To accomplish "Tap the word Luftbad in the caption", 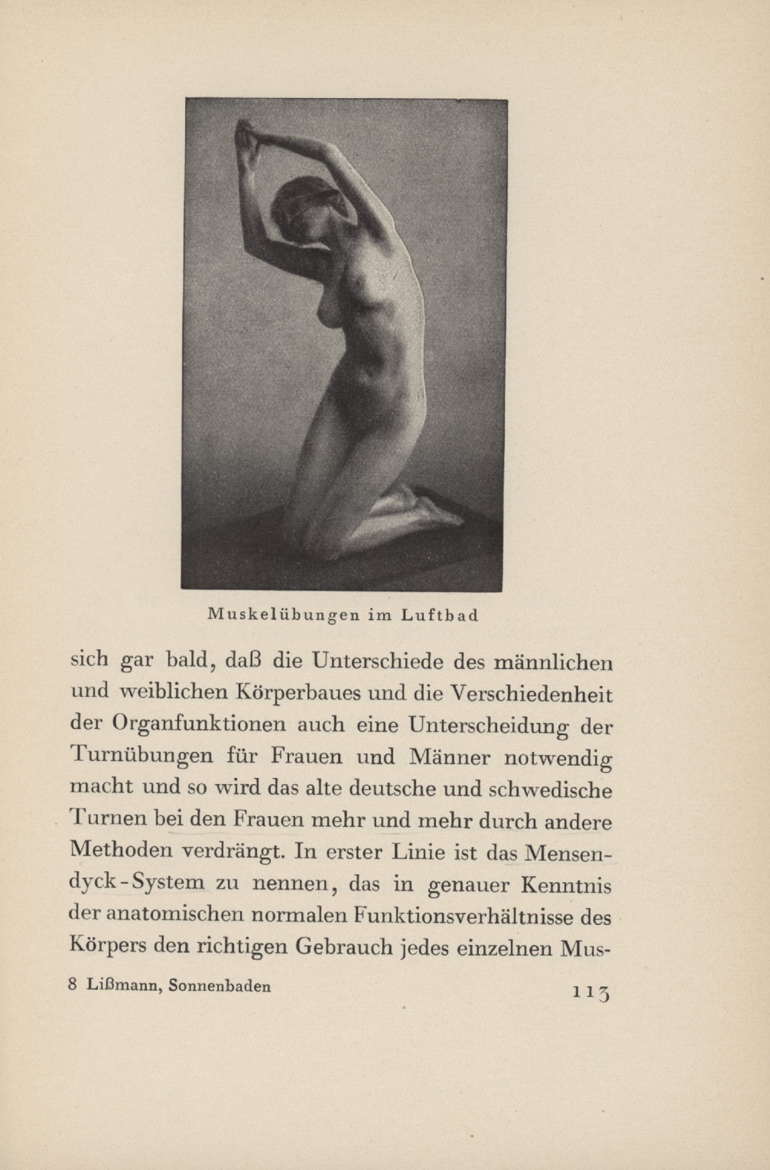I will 439,615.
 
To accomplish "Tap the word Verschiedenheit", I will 532,694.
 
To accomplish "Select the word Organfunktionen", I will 199,726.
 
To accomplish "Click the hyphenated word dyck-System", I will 138,884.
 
